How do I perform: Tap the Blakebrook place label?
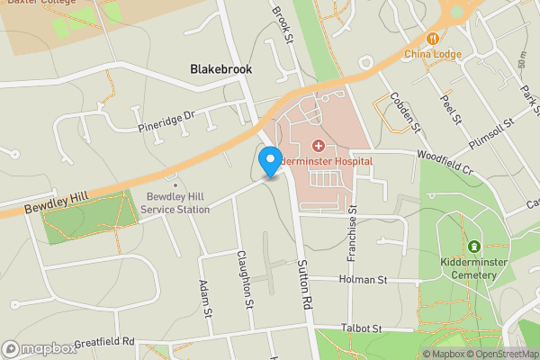[x=221, y=68]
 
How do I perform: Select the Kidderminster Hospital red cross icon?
[x=318, y=145]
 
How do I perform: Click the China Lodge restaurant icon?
[x=433, y=39]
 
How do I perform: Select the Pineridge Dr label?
[x=166, y=117]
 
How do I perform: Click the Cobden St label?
[x=404, y=114]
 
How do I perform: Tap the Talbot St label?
[x=361, y=329]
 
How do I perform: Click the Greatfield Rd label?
[x=103, y=342]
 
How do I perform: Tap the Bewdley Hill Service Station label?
[x=175, y=202]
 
